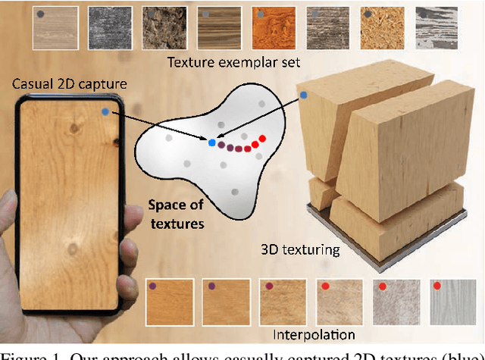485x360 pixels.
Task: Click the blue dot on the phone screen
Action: [x=103, y=112]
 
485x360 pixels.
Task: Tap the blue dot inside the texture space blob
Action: [x=211, y=142]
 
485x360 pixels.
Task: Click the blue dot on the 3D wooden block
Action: [x=303, y=95]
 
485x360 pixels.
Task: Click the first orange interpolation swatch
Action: [x=167, y=301]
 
